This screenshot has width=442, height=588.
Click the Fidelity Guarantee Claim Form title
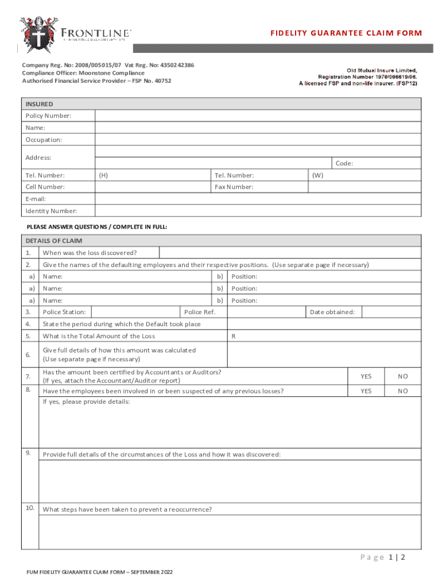[x=346, y=33]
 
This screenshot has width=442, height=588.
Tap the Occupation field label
[x=44, y=140]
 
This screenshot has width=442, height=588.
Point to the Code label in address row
[x=344, y=164]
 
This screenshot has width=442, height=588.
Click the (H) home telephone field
[x=152, y=175]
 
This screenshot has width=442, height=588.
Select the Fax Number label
[x=234, y=187]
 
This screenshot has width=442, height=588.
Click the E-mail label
[x=36, y=199]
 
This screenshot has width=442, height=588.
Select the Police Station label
[x=64, y=312]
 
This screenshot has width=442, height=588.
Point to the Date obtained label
[x=332, y=312]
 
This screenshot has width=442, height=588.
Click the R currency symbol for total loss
[x=233, y=336]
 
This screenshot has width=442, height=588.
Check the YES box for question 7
[x=366, y=376]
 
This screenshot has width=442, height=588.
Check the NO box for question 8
[x=403, y=390]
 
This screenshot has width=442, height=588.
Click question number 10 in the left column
[x=30, y=508]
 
